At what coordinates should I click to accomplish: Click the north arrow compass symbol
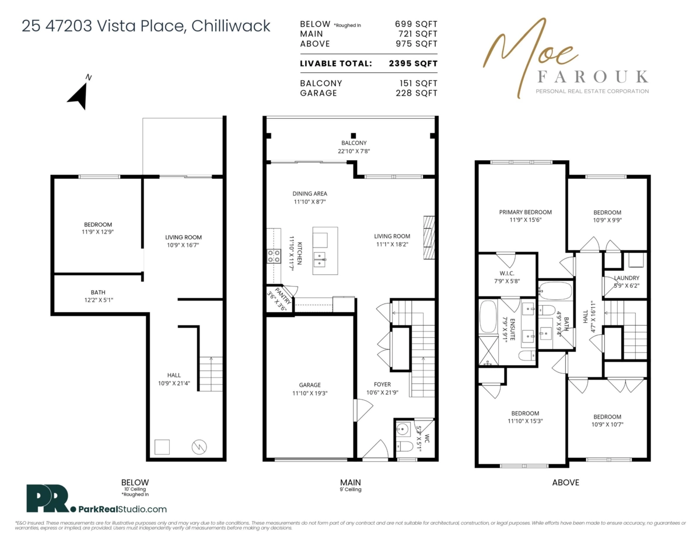[78, 94]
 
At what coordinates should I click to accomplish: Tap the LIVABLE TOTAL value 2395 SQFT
[413, 63]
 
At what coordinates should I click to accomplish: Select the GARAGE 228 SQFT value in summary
[415, 93]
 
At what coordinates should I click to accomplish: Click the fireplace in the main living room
[429, 237]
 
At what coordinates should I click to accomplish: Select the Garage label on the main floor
[310, 385]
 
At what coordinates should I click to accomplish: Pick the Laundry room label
[626, 278]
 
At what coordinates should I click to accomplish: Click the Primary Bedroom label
[525, 212]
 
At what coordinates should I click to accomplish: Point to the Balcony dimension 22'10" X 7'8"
[354, 151]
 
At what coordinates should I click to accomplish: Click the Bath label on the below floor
[98, 292]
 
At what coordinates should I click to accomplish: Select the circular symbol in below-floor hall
[199, 447]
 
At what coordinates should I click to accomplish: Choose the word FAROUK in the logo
[591, 77]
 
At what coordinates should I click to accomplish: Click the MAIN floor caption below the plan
[351, 482]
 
